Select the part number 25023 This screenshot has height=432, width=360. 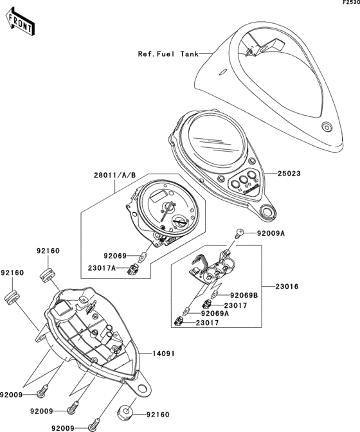point(289,174)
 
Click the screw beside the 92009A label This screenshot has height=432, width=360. point(240,234)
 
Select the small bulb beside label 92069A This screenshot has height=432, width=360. point(187,309)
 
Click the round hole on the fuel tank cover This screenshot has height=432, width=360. point(325,127)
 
